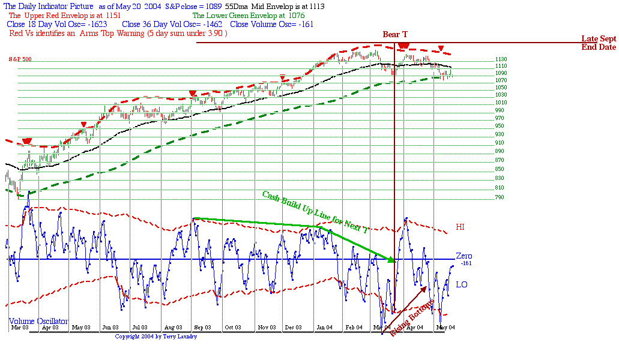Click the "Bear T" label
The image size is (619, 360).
point(394,34)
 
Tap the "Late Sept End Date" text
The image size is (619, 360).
point(599,43)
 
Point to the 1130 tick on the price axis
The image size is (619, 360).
point(485,59)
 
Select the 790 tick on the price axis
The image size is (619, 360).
point(482,197)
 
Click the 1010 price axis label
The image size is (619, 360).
point(484,103)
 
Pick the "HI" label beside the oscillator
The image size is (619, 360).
point(460,227)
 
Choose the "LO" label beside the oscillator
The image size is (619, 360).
point(461,284)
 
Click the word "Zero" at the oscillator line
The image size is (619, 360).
point(463,256)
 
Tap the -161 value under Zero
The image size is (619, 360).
point(467,263)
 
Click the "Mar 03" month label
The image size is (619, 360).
point(20,328)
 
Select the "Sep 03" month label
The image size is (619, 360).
point(202,328)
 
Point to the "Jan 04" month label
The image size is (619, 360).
point(324,328)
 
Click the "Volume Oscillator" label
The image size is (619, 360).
point(38,321)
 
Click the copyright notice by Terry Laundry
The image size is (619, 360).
point(156,337)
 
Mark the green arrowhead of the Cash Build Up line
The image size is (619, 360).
point(391,260)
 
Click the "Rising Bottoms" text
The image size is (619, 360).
point(411,316)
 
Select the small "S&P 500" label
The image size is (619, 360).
point(20,59)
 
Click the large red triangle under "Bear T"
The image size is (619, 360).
point(403,46)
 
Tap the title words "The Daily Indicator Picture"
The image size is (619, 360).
point(49,6)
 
